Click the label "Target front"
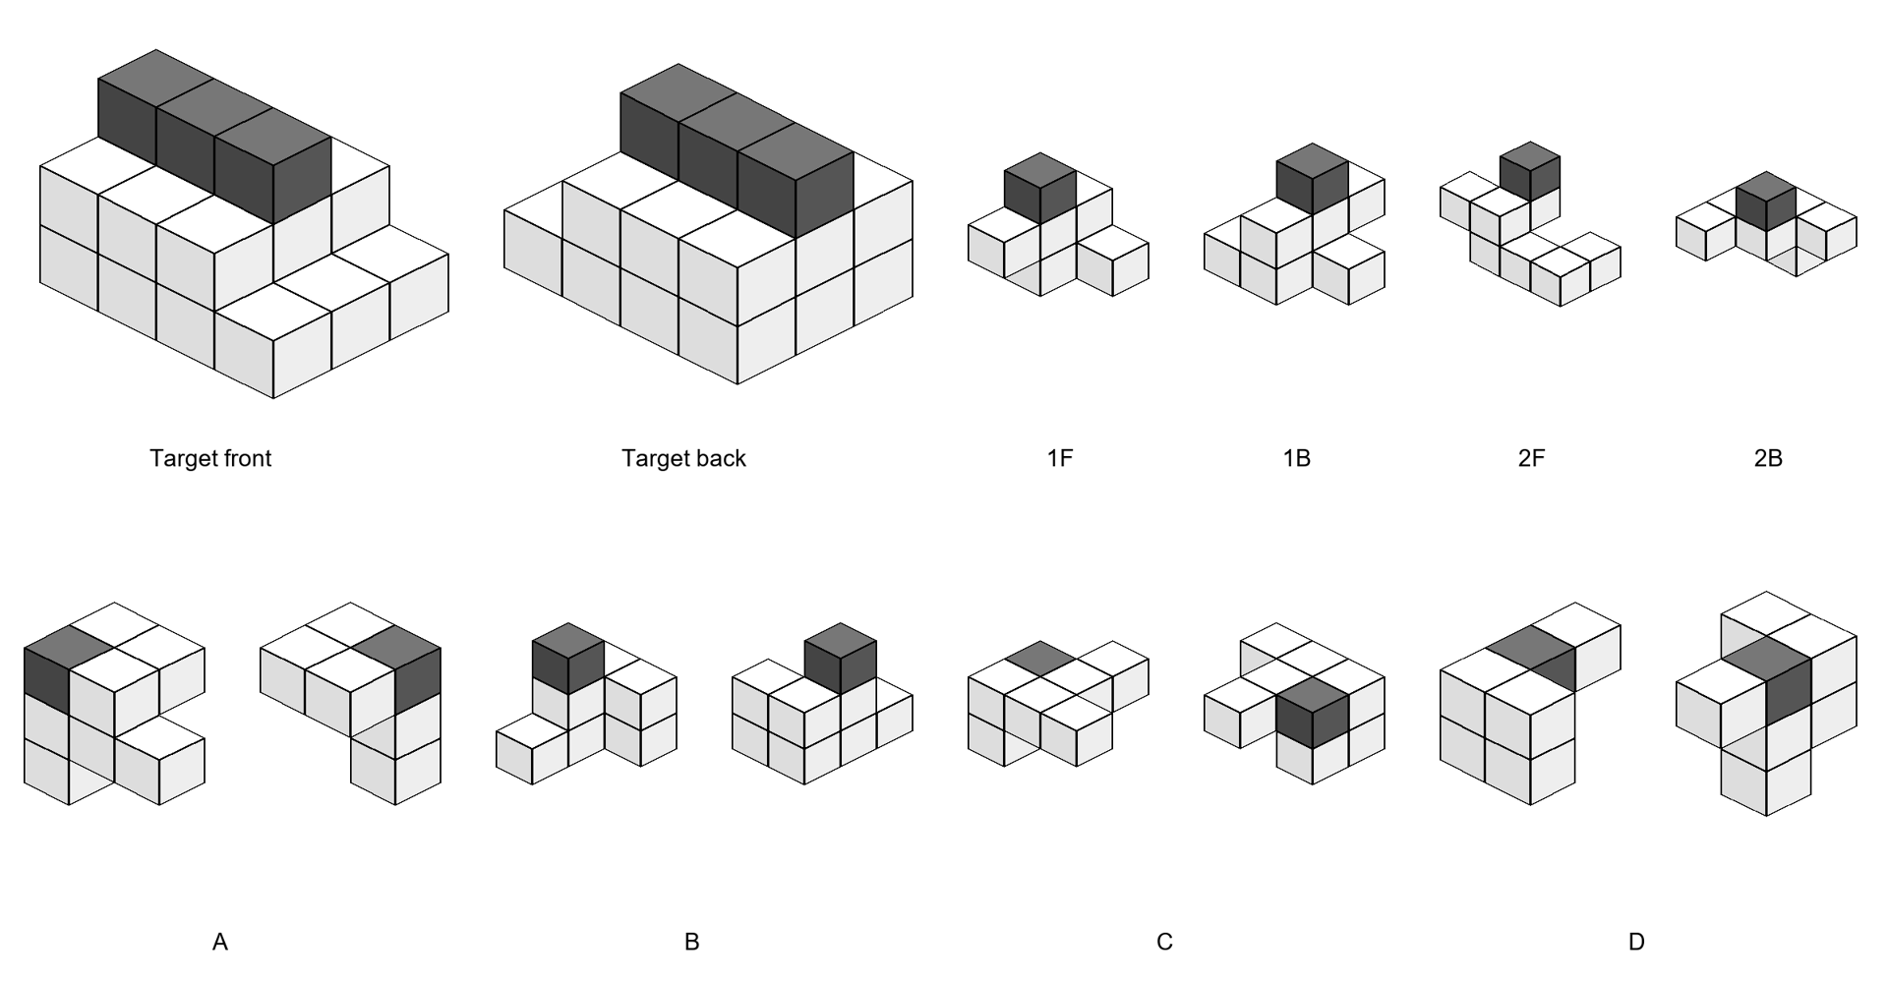coord(210,458)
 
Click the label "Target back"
coord(683,458)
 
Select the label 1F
coord(1060,458)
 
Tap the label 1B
coord(1296,458)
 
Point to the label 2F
coord(1531,458)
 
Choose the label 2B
coord(1768,458)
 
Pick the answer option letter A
coord(219,943)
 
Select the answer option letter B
coord(691,943)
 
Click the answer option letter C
coord(1164,943)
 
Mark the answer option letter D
coord(1636,943)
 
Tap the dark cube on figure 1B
coord(1312,179)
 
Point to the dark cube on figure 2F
coord(1530,171)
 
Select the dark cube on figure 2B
coord(1766,202)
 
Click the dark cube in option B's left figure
coord(567,659)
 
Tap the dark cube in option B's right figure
coord(840,659)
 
